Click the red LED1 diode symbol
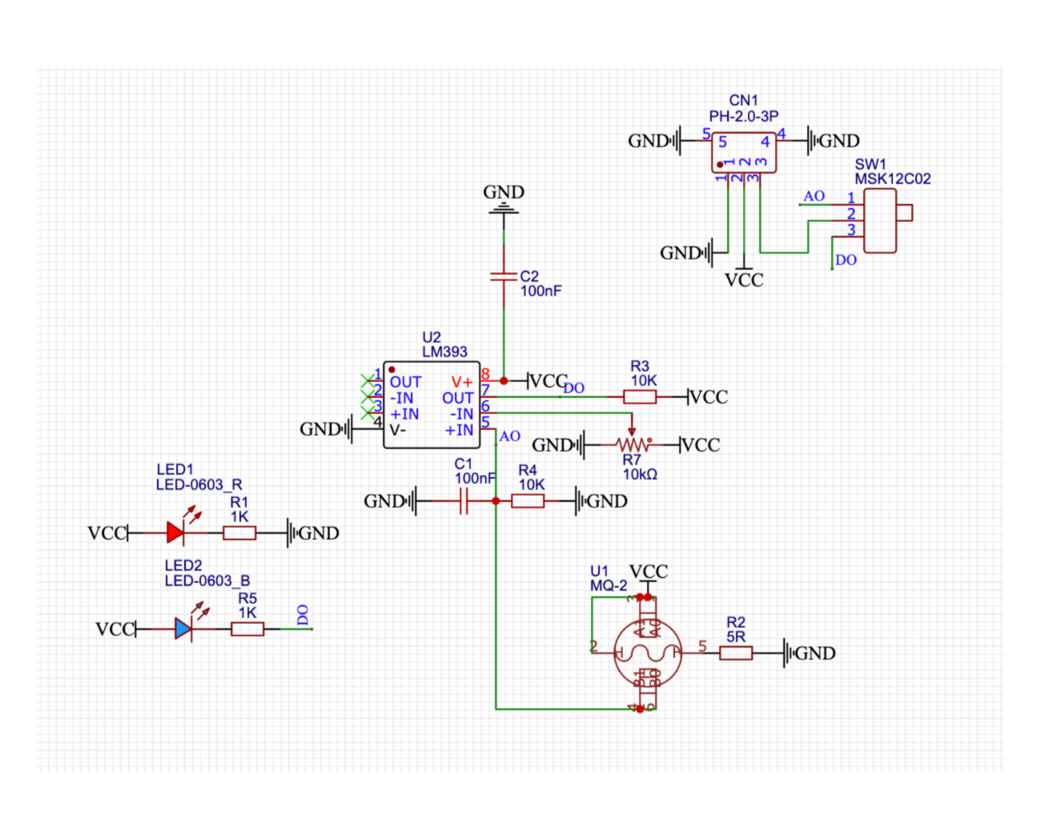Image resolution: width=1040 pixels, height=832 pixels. [x=175, y=533]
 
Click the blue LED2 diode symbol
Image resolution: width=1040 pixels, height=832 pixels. [x=183, y=629]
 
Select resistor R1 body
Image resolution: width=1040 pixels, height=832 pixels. [x=239, y=533]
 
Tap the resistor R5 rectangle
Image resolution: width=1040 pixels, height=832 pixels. [x=247, y=629]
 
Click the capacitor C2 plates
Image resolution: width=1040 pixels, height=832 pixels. [x=503, y=277]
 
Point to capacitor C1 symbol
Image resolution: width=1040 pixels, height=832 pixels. [x=464, y=501]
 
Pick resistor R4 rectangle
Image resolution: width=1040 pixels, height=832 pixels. [x=528, y=501]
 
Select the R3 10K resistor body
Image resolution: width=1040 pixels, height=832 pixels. [x=639, y=397]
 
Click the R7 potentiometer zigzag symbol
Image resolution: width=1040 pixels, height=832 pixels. [x=632, y=444]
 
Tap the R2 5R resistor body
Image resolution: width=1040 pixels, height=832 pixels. [x=736, y=653]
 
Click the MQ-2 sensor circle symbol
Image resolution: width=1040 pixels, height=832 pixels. [x=648, y=653]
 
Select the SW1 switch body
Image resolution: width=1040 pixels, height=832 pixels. [x=880, y=220]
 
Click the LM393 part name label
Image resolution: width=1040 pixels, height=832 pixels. [x=444, y=352]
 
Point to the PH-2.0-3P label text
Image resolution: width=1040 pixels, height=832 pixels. [x=743, y=116]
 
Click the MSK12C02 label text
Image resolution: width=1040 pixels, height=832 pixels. [x=892, y=179]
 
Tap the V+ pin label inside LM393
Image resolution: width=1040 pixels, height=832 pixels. [x=462, y=382]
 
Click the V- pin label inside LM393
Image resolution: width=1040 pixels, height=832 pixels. [x=397, y=430]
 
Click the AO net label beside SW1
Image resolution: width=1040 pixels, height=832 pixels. [x=814, y=196]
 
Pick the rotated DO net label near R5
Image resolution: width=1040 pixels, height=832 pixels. [x=303, y=615]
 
